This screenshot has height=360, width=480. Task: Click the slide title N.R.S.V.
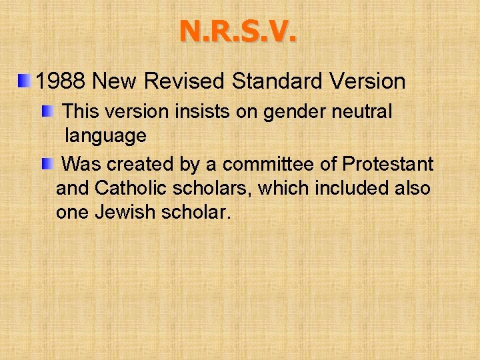238,31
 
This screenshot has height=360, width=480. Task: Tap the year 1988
61,82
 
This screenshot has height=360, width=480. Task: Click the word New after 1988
116,82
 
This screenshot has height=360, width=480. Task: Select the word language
105,137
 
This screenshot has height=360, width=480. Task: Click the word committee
269,163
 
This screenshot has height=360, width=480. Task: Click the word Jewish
127,214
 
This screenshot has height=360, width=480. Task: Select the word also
413,189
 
